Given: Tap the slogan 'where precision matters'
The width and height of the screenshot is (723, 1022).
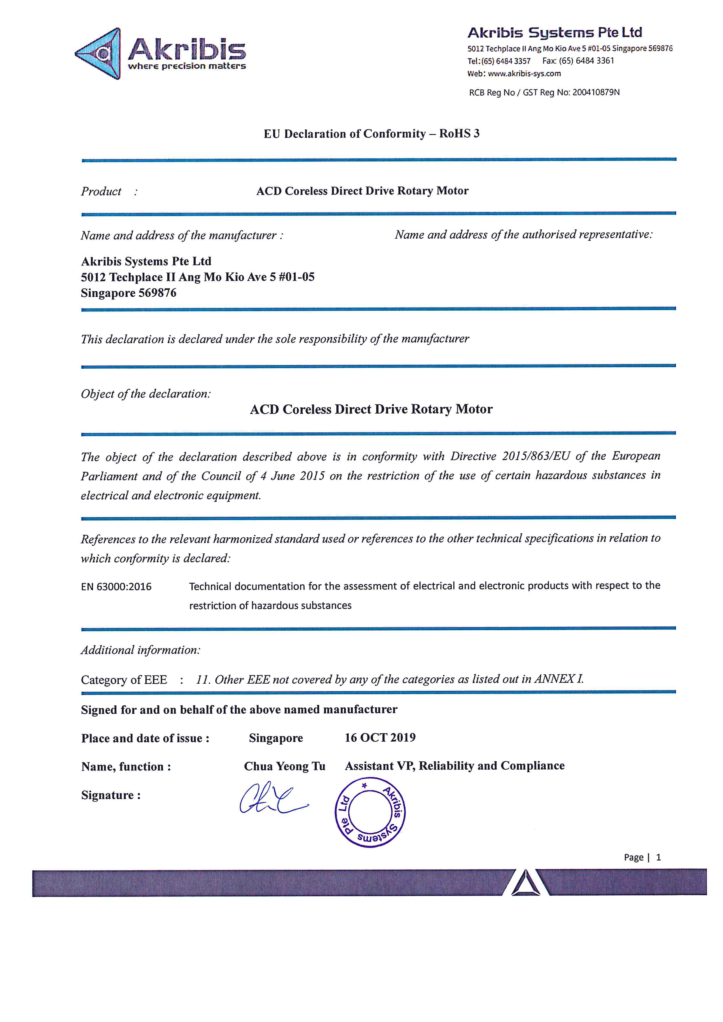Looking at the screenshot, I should [x=187, y=66].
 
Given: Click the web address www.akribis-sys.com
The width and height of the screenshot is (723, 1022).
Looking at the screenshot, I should [x=524, y=73].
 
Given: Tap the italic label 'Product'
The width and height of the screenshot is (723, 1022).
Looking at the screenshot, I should [x=101, y=191].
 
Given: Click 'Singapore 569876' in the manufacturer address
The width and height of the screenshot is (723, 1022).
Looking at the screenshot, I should [x=128, y=293].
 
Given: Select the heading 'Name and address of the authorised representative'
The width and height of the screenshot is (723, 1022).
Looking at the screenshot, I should [x=523, y=235].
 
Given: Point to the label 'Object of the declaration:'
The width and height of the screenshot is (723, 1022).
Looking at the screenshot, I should [x=145, y=393].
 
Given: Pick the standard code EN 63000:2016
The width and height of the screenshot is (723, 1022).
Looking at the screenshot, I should [x=116, y=587].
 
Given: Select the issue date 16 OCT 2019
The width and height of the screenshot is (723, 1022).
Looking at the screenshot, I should [x=380, y=738].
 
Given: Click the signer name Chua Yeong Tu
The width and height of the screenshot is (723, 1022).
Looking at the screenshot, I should [x=285, y=766].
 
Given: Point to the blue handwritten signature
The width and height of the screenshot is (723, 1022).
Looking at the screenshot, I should [x=273, y=799].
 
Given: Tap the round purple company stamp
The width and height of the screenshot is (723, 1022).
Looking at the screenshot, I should [x=370, y=812].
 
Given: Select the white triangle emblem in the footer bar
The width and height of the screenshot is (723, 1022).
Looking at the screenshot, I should [x=526, y=883].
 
